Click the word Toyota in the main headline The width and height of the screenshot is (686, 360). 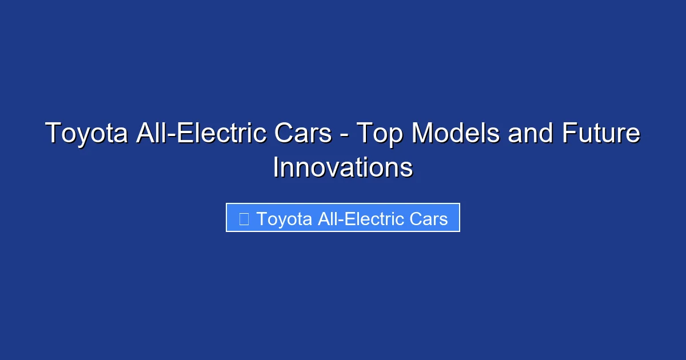click(x=86, y=134)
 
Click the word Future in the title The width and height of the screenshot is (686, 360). click(x=600, y=134)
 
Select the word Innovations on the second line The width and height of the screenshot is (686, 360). click(x=343, y=167)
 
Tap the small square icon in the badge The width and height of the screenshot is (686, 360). click(x=244, y=219)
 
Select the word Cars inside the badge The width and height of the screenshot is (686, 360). click(x=429, y=219)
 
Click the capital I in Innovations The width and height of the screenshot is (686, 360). click(x=276, y=167)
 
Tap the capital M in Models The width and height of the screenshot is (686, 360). click(x=423, y=134)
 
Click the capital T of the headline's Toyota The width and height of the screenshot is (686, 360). click(x=52, y=134)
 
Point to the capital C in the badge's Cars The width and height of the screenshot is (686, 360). click(x=416, y=219)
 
